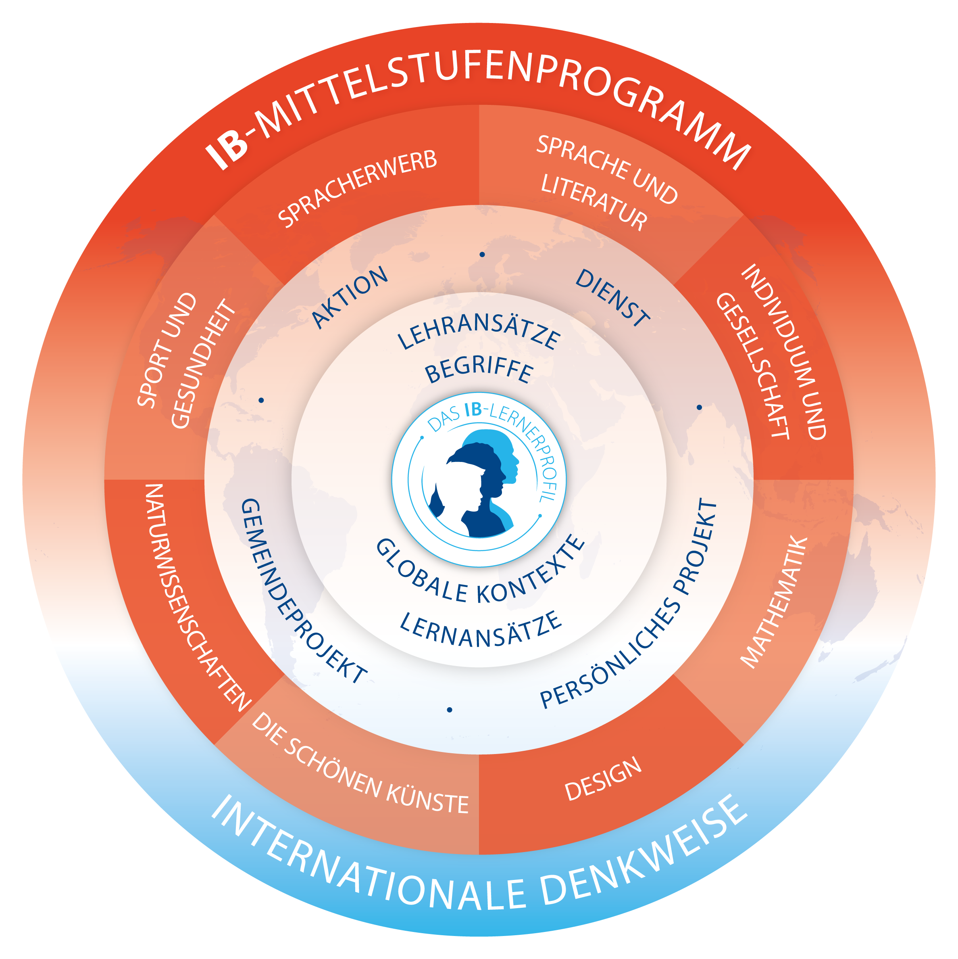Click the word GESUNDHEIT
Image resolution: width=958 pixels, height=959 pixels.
click(x=202, y=364)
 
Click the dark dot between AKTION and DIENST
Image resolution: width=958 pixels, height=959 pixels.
click(x=482, y=255)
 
